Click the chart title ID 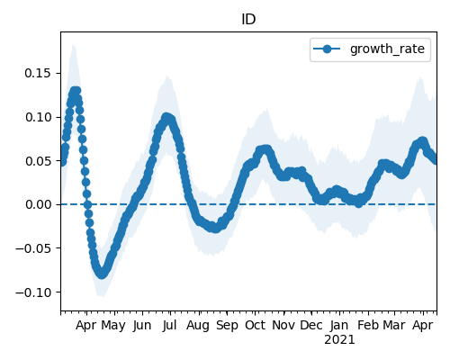(248, 20)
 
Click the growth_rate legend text (387, 49)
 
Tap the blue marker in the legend (327, 49)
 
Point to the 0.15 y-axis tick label (38, 73)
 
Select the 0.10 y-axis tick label (38, 117)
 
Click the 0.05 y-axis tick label (38, 161)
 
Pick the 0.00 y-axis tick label (38, 204)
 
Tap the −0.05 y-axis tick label (33, 248)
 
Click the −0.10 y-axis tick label (33, 292)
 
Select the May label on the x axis (113, 326)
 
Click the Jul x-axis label (169, 325)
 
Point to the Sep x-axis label (227, 326)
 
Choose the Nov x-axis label (283, 325)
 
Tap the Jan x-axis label (339, 325)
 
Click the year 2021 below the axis (339, 340)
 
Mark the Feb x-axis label (368, 325)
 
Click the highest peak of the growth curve (75, 91)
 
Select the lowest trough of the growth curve (102, 274)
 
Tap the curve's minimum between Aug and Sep (215, 229)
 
